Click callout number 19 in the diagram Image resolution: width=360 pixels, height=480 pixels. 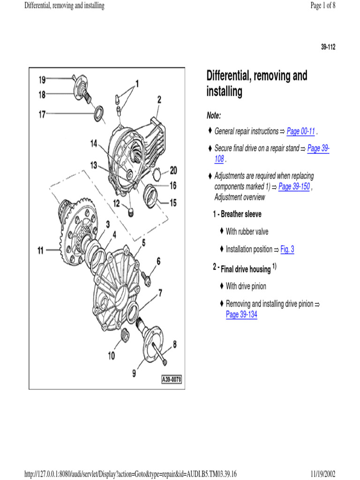[42, 80]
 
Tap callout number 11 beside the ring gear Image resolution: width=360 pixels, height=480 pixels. [41, 251]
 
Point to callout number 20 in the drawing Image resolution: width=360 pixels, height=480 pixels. [173, 170]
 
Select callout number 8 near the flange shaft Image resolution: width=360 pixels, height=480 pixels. [174, 345]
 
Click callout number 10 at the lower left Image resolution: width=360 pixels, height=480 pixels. [111, 356]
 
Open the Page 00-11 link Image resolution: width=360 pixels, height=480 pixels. [300, 131]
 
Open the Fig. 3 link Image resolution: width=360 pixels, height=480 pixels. [287, 249]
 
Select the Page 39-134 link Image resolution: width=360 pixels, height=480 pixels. [241, 315]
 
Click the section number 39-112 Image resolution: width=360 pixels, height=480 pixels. [328, 47]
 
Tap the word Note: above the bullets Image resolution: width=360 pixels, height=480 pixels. [214, 115]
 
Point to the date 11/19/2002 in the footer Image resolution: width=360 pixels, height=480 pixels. [322, 474]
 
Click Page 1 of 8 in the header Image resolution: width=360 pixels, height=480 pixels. [323, 6]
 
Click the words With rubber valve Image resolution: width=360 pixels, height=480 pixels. [247, 232]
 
